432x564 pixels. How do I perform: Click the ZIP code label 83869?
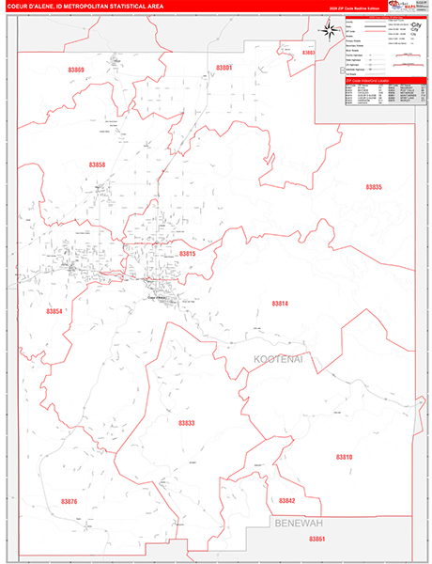tap(76, 70)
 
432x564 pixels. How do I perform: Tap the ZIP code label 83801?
tap(224, 68)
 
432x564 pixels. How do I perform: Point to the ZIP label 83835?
tap(374, 188)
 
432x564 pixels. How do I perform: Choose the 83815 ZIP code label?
tap(187, 254)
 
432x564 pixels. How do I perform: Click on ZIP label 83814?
tap(280, 304)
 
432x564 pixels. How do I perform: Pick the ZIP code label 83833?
tap(187, 424)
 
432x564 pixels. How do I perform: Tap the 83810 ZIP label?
tap(344, 456)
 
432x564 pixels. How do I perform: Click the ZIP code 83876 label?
tap(69, 502)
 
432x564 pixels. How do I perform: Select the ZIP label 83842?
tap(286, 501)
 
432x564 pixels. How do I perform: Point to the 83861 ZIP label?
tap(316, 539)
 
